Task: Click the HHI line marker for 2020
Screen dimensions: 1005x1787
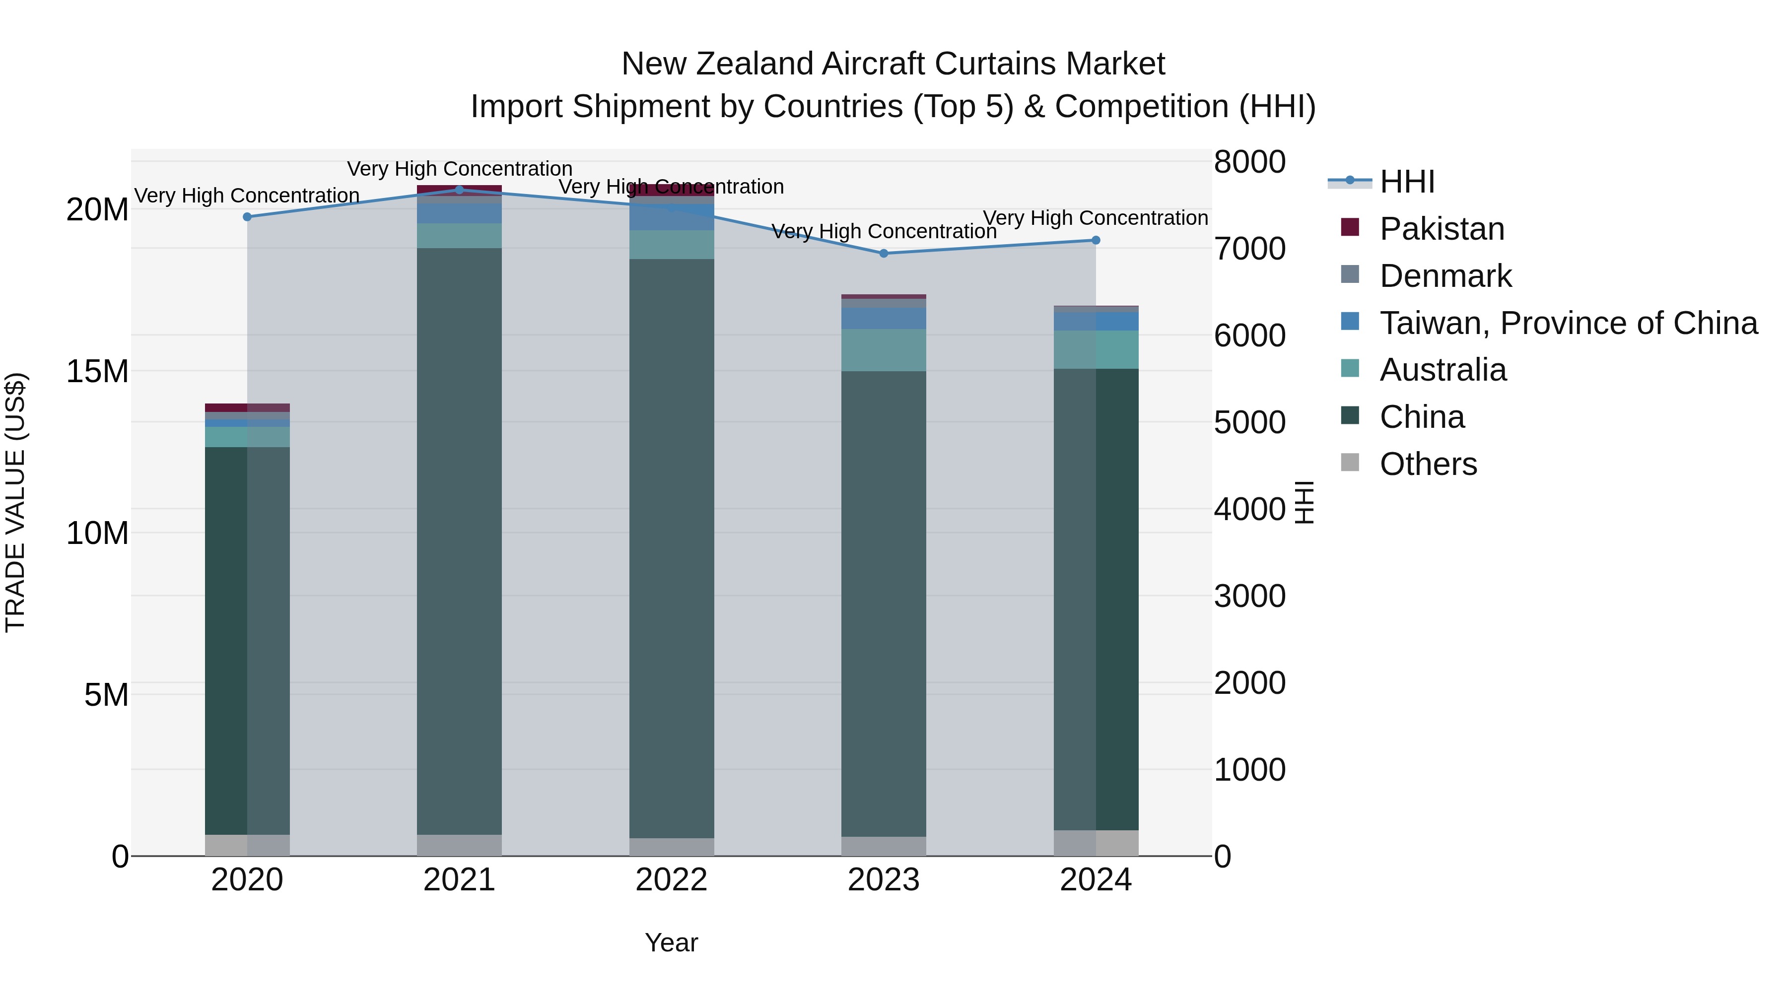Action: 248,217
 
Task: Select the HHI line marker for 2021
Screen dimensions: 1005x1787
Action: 459,190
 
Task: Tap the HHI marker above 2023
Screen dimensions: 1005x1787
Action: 884,254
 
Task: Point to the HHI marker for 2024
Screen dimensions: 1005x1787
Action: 1096,241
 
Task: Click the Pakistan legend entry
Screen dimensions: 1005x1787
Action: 1442,229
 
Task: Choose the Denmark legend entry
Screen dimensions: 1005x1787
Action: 1445,276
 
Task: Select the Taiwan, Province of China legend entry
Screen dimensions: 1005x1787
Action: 1568,323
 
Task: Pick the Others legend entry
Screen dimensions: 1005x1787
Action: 1428,464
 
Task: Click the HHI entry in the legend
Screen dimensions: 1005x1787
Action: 1407,182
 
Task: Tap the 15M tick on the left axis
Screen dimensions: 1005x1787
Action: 97,372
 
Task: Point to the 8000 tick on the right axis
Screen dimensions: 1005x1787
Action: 1249,162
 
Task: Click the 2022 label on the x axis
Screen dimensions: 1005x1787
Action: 672,880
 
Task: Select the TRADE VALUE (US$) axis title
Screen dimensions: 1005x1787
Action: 15,502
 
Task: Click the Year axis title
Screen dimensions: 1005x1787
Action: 672,942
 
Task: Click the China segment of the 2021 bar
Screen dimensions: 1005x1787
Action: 459,541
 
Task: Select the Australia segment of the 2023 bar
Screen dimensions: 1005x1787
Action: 884,350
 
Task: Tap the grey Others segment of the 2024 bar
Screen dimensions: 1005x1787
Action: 1096,843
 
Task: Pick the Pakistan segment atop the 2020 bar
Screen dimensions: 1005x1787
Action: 248,408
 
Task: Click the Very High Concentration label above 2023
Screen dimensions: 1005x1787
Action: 884,232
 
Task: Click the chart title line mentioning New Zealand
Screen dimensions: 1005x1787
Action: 893,64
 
